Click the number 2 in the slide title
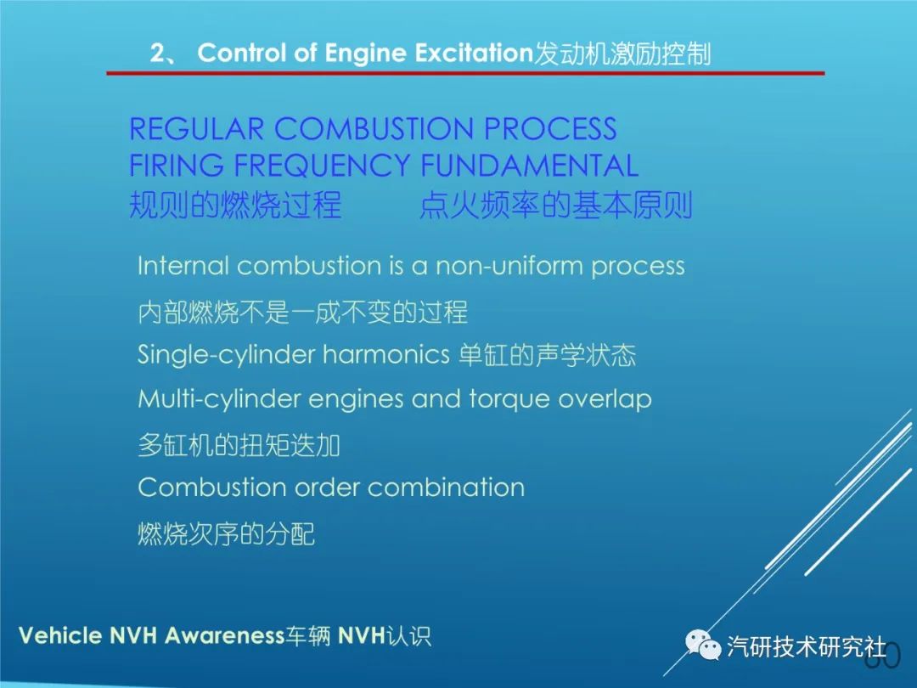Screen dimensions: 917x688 (x=158, y=54)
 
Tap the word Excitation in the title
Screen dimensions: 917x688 (x=475, y=53)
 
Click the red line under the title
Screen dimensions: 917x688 (x=465, y=73)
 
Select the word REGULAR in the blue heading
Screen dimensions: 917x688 (x=196, y=129)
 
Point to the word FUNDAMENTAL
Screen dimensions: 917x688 (x=529, y=165)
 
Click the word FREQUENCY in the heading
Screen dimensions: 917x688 (x=322, y=165)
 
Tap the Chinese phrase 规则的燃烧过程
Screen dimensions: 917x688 (x=235, y=204)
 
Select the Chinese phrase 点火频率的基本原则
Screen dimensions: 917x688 (x=555, y=204)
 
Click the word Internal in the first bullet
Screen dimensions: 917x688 (x=183, y=266)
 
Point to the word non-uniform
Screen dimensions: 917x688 (x=509, y=266)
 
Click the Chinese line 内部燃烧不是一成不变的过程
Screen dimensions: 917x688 (x=302, y=312)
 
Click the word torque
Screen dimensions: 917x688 (x=509, y=399)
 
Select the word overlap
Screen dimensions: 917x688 (x=605, y=399)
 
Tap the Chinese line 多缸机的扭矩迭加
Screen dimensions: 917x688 (x=239, y=444)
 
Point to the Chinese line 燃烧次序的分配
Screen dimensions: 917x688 (x=227, y=533)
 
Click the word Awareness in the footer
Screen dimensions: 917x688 (x=224, y=635)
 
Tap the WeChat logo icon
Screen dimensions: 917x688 (x=703, y=645)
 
